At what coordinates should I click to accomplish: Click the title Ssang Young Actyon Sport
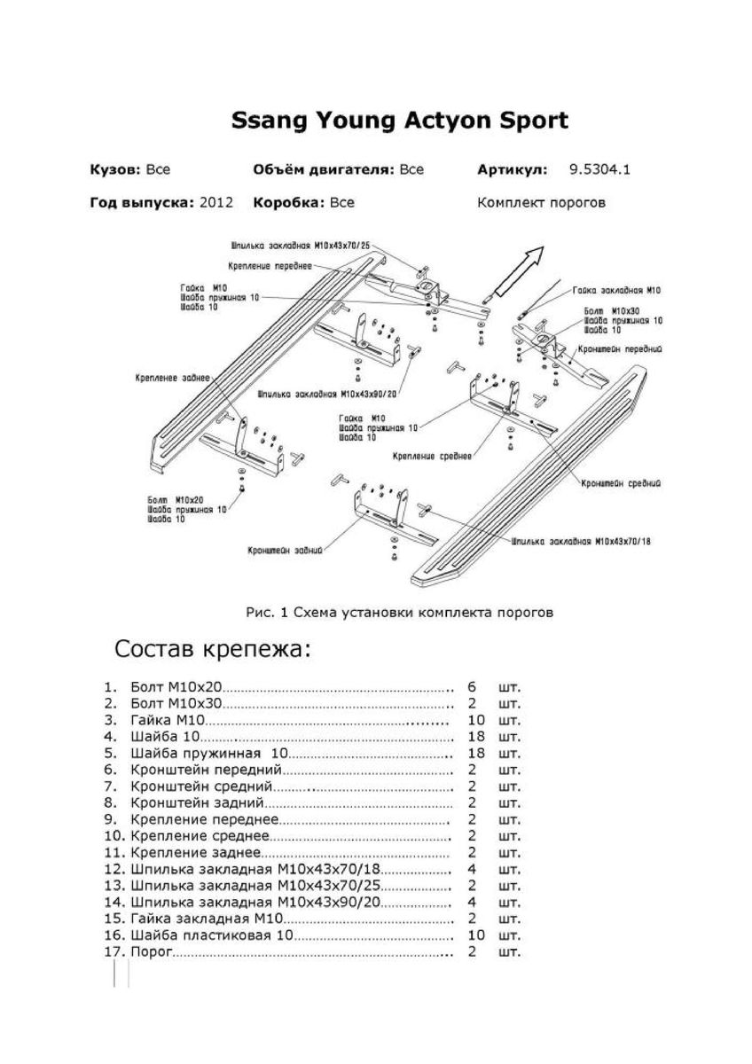click(x=399, y=121)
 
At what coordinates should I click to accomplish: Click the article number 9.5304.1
click(x=599, y=169)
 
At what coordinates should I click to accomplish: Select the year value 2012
click(x=216, y=202)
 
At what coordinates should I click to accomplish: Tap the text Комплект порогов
click(x=541, y=202)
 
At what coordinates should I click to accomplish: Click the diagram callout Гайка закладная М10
click(x=616, y=290)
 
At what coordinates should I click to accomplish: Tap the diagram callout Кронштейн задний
click(x=278, y=550)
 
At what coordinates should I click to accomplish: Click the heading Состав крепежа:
click(x=213, y=650)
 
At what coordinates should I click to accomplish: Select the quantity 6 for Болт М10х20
click(x=472, y=687)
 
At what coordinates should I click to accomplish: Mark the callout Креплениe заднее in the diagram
click(x=173, y=377)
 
